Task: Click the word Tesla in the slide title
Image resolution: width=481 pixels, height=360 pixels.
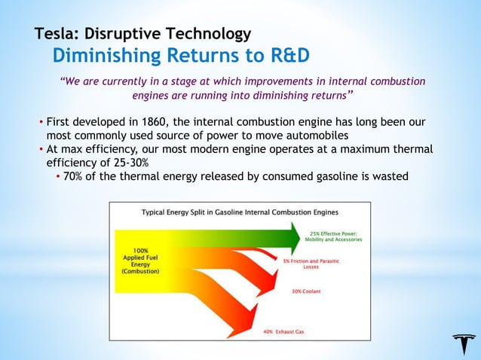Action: click(x=56, y=34)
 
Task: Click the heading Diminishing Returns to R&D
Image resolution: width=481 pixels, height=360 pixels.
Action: click(x=181, y=56)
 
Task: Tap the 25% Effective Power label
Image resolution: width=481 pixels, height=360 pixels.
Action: click(x=332, y=236)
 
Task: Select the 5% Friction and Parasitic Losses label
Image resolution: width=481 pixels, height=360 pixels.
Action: click(x=310, y=264)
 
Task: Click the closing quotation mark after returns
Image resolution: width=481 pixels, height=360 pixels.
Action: click(x=351, y=94)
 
